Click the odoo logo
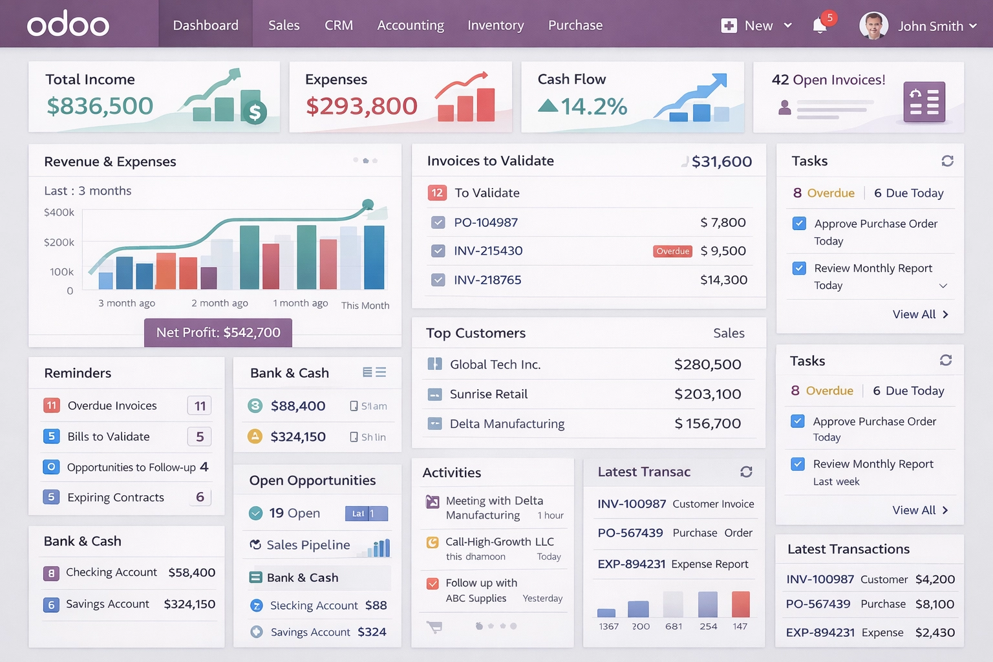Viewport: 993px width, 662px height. point(68,25)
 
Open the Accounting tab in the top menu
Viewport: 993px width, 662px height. point(411,25)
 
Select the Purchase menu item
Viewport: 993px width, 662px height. point(575,25)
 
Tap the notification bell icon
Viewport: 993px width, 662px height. point(820,26)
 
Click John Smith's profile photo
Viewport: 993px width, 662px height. point(873,26)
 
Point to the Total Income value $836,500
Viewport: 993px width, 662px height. point(100,106)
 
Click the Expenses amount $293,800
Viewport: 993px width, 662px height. point(361,106)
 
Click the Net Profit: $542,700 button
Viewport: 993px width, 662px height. point(218,332)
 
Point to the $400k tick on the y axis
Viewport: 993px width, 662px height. point(59,212)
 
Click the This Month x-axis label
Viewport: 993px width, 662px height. point(365,305)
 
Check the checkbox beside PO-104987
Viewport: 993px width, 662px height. point(438,222)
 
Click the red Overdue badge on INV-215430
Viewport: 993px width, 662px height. point(672,251)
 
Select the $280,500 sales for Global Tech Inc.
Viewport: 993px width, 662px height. point(707,365)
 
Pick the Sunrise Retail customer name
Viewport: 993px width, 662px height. point(489,394)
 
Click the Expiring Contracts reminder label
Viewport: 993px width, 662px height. point(116,497)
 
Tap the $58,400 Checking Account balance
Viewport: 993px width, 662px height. point(191,573)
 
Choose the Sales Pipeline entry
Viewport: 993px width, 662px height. point(308,545)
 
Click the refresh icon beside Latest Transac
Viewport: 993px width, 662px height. point(746,472)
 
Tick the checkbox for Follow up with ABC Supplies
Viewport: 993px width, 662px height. point(432,584)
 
